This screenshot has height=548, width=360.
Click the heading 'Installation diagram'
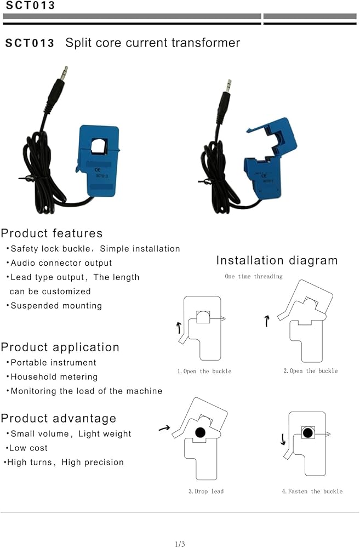[x=277, y=260]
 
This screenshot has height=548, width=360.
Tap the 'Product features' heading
[x=52, y=233]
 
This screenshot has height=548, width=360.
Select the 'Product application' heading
[x=60, y=347]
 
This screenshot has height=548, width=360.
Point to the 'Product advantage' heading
[x=59, y=419]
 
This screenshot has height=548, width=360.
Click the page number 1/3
[x=180, y=544]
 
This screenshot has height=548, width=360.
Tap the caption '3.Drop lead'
[x=206, y=491]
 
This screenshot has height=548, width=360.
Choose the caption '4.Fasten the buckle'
[x=312, y=491]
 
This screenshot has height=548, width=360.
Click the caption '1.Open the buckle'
[x=204, y=371]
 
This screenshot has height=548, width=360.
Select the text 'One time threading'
[x=254, y=276]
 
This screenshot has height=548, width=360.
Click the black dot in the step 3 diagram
[x=200, y=433]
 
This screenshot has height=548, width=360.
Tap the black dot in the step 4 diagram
[x=308, y=433]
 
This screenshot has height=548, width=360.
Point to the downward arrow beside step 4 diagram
[x=283, y=439]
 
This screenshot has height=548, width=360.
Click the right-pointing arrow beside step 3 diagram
[x=163, y=428]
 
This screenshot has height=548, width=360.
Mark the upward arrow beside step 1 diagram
[x=179, y=328]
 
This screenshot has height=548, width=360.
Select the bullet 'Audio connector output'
[x=61, y=263]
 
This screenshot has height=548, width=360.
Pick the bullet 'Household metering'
[x=54, y=377]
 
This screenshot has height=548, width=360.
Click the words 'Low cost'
[x=28, y=448]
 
